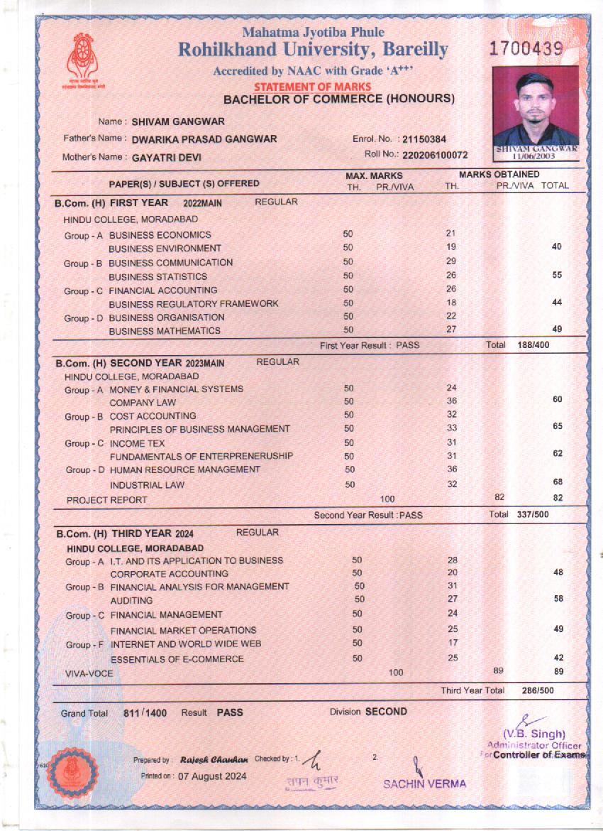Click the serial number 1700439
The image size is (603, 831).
click(x=526, y=49)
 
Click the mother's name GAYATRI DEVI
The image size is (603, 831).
click(x=163, y=157)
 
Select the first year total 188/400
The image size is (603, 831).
click(x=533, y=345)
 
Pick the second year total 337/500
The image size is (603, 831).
click(x=533, y=514)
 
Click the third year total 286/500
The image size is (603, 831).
click(x=537, y=690)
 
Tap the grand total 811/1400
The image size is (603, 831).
click(x=145, y=713)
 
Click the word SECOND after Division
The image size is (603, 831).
click(x=386, y=712)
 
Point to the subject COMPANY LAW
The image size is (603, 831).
click(x=143, y=403)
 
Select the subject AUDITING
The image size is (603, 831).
click(x=131, y=601)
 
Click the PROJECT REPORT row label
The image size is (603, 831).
click(x=107, y=500)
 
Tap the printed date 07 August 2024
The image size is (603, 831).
click(x=212, y=776)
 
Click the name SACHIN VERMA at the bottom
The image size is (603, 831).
click(x=425, y=784)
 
